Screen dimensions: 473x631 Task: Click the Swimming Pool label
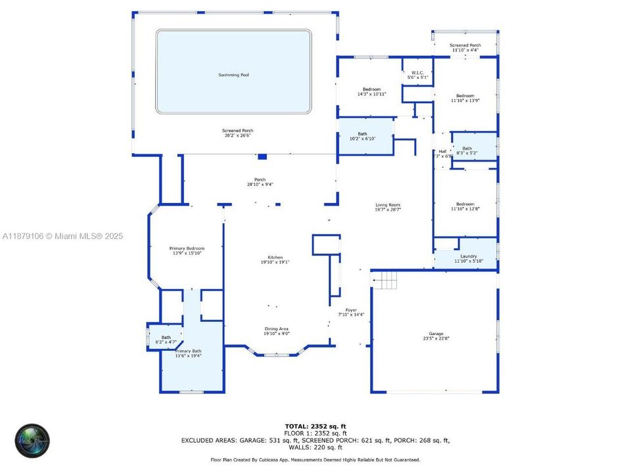[233, 75]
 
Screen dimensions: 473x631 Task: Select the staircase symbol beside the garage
[386, 281]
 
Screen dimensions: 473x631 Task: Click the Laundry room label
[468, 256]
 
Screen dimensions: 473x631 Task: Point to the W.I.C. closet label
[417, 72]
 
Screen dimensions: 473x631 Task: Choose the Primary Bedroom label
[188, 248]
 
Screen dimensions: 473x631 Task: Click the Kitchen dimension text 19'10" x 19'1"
[275, 262]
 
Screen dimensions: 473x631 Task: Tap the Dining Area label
[276, 328]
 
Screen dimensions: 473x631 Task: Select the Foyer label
[351, 309]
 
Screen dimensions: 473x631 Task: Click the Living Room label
[388, 205]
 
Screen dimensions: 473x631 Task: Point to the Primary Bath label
[188, 351]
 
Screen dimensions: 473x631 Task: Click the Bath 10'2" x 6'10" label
[362, 134]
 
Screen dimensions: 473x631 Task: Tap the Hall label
[442, 152]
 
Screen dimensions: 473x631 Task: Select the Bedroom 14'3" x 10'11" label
[371, 89]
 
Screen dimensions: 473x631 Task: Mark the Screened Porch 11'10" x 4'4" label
[465, 45]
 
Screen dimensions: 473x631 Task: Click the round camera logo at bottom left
[32, 439]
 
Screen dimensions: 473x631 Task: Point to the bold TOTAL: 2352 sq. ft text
[315, 426]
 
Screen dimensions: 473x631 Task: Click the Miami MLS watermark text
[63, 236]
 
